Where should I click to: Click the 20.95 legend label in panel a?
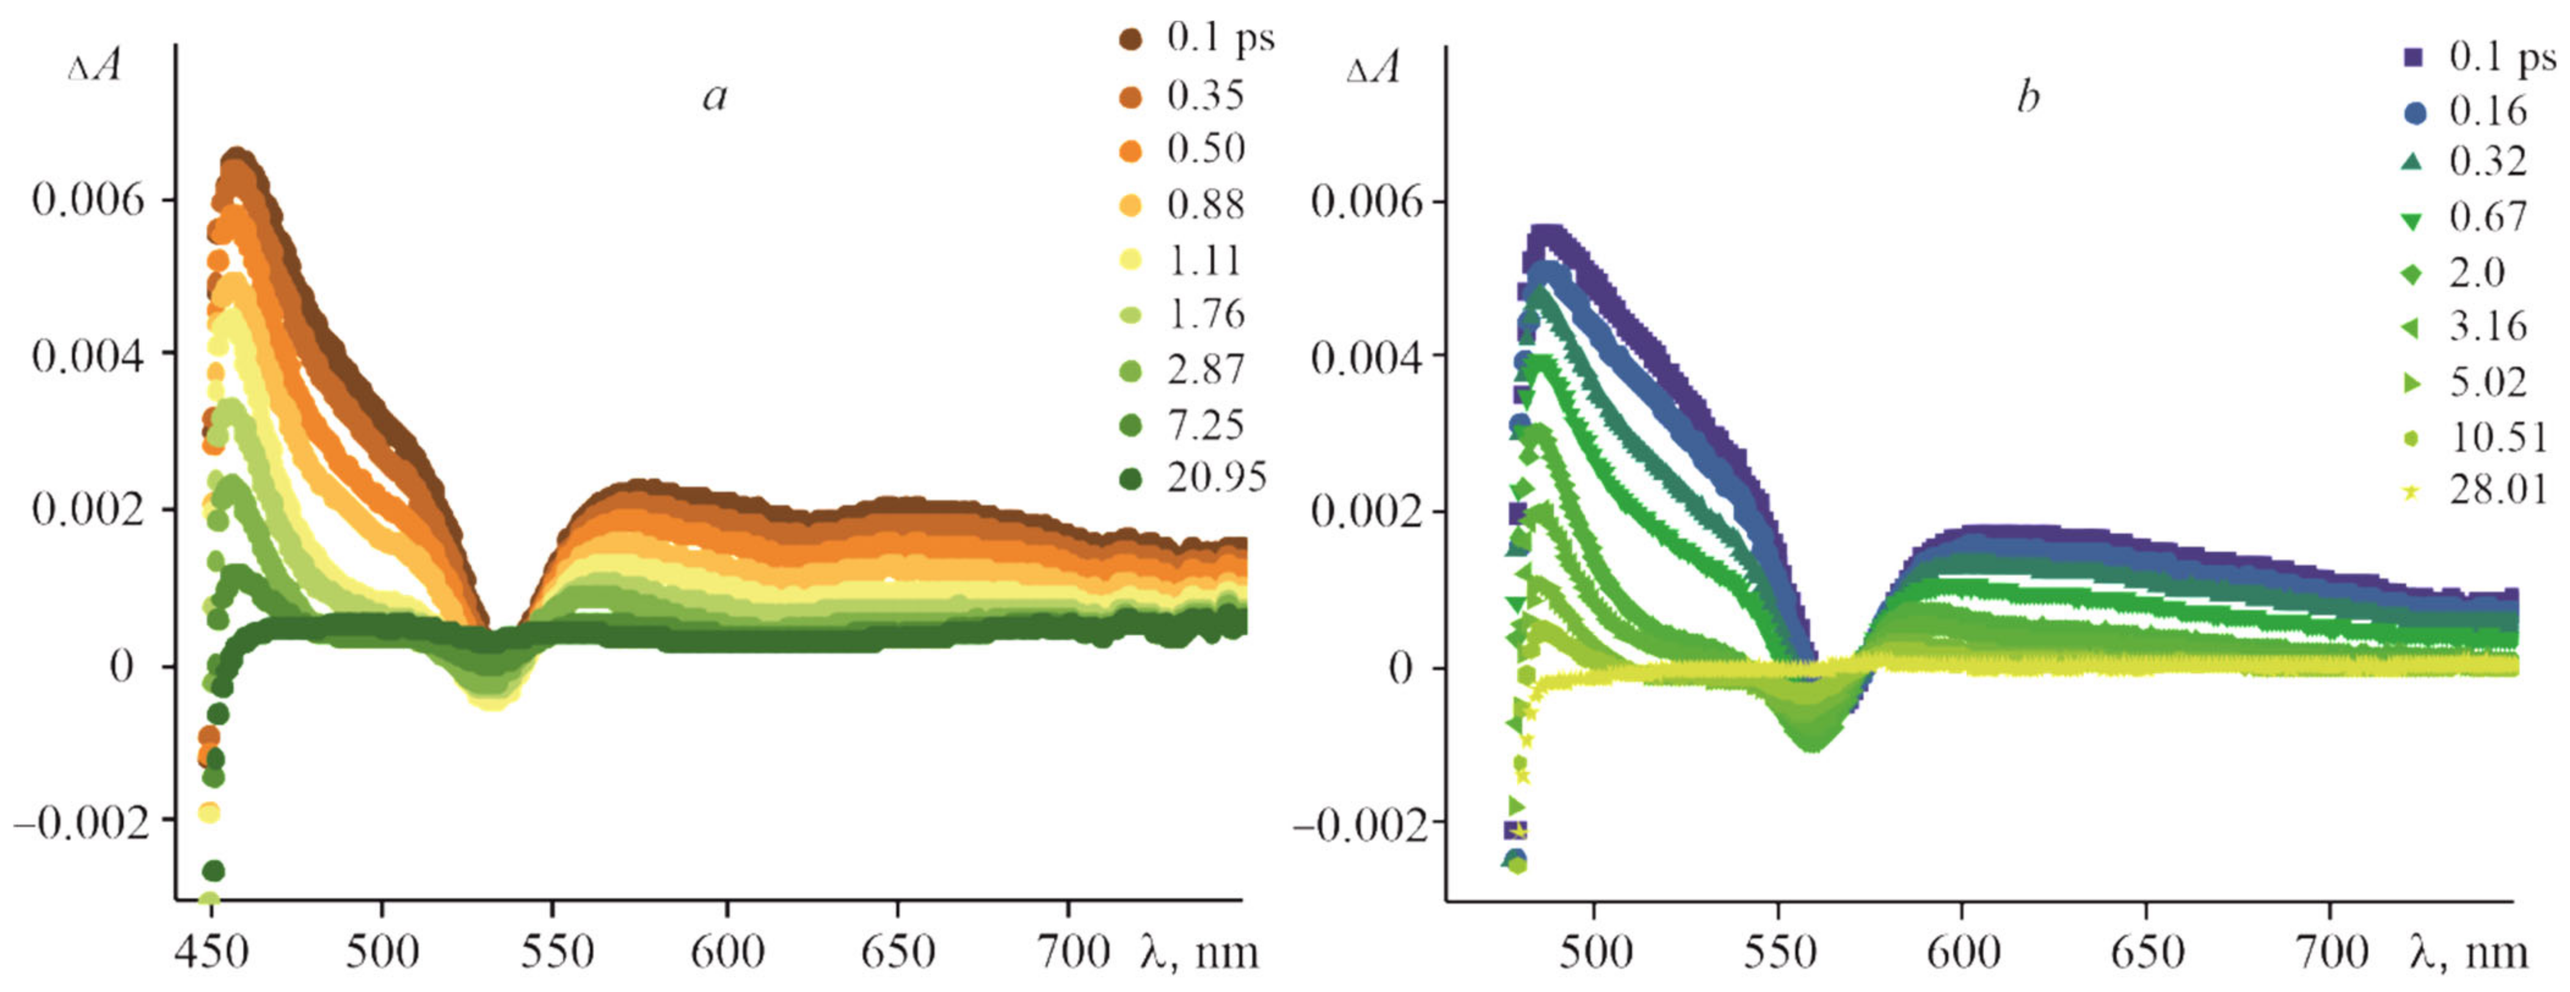(1216, 478)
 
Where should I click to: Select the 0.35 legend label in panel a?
(1205, 96)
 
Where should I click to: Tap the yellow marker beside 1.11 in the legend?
(1130, 260)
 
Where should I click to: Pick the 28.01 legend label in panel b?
(2498, 490)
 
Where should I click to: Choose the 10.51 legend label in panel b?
(2498, 436)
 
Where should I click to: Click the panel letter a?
(715, 97)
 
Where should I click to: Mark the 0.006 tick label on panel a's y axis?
(88, 200)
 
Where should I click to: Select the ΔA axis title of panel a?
(95, 67)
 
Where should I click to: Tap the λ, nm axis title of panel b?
(2467, 952)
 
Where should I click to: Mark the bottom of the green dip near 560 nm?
(1813, 743)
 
